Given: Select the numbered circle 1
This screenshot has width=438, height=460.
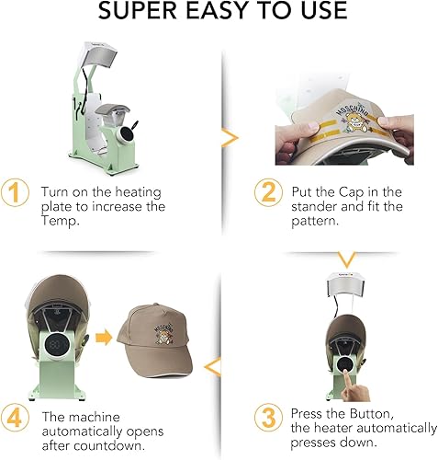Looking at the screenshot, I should (16, 194).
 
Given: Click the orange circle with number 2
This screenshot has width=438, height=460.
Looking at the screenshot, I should (267, 194).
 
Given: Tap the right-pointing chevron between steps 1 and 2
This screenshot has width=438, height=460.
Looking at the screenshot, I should (230, 138).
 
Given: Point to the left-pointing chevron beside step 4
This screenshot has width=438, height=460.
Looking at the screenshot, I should (214, 369).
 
